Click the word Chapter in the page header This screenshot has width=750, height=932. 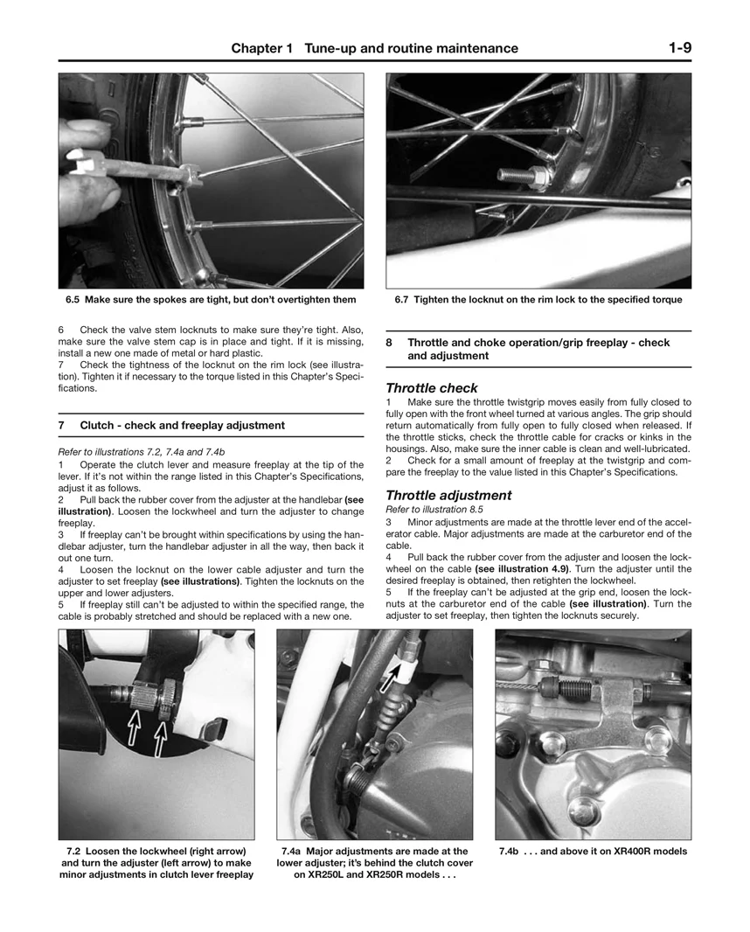257,49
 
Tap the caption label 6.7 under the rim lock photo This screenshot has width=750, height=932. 402,300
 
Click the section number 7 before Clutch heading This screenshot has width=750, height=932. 62,426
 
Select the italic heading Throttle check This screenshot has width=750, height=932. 432,388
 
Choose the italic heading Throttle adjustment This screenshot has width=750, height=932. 448,495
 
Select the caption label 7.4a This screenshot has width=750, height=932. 293,852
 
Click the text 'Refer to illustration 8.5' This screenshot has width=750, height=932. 434,509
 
